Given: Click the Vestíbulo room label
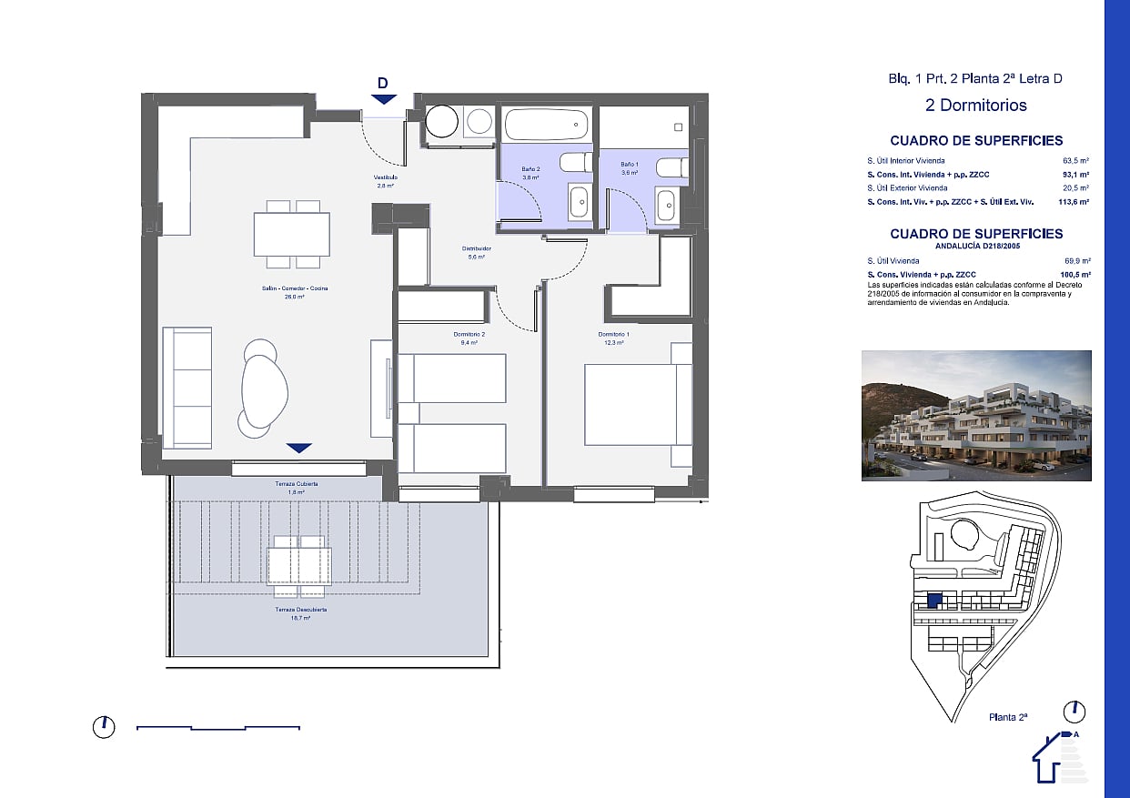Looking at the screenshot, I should [x=385, y=177].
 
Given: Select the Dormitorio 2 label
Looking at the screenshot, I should [x=469, y=335].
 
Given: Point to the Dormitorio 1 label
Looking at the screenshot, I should [x=613, y=335].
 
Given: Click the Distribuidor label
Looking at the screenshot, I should [x=477, y=248].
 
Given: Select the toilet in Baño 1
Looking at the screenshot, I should [x=671, y=167].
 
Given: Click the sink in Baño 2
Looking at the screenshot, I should [x=579, y=202].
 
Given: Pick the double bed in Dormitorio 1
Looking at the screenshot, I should [x=637, y=405].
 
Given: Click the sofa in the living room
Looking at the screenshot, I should [x=187, y=388].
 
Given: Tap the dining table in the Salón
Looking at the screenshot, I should [x=291, y=234].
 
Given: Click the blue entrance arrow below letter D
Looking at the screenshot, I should [x=384, y=99].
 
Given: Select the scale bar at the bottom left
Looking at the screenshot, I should [x=218, y=727].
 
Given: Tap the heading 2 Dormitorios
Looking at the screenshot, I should [x=975, y=105].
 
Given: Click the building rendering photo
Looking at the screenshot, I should [x=976, y=415].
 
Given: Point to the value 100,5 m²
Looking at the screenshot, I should [x=1076, y=274].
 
